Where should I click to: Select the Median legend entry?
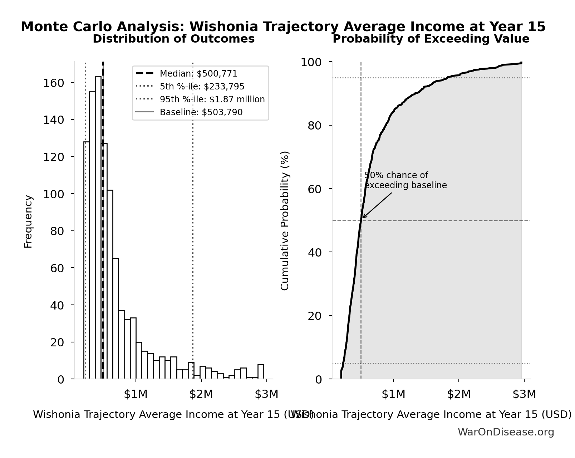click(x=198, y=74)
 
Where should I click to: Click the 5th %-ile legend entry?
click(x=202, y=87)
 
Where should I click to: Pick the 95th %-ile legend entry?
click(x=212, y=99)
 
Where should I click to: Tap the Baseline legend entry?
click(x=201, y=112)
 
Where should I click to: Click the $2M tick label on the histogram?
click(x=201, y=394)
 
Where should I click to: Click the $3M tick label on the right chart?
click(x=524, y=394)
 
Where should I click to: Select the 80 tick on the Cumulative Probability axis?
click(x=315, y=126)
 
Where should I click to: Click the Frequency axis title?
click(x=28, y=221)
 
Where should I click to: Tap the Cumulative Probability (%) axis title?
click(x=285, y=220)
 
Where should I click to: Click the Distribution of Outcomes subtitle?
click(x=173, y=39)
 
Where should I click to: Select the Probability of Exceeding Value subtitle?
click(x=431, y=39)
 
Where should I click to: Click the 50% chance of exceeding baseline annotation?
click(x=405, y=180)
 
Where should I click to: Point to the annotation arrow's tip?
click(x=363, y=218)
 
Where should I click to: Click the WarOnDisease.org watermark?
click(x=506, y=432)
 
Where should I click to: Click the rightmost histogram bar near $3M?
click(x=261, y=371)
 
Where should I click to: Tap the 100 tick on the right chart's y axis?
click(x=311, y=62)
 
